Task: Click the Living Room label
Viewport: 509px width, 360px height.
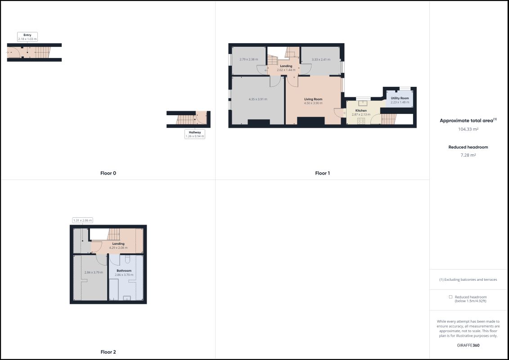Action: click(313, 99)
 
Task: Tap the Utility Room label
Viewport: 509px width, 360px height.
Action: click(400, 98)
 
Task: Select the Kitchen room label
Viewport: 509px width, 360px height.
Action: click(361, 110)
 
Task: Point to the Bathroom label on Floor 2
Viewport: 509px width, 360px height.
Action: click(124, 270)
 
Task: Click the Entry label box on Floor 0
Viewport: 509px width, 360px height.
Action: click(27, 37)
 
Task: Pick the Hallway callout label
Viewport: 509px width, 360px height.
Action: click(195, 134)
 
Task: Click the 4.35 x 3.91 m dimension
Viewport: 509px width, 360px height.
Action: click(258, 99)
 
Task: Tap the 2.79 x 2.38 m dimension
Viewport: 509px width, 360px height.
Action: click(249, 59)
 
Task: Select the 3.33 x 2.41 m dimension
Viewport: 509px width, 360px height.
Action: click(321, 59)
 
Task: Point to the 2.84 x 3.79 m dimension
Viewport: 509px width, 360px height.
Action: click(94, 272)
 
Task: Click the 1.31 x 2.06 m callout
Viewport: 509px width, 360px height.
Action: click(82, 220)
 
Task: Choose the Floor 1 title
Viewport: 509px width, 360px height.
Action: click(322, 173)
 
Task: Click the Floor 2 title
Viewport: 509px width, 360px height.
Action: click(108, 352)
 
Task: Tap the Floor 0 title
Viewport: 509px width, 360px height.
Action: click(108, 173)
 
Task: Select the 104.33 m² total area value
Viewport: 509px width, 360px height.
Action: click(468, 129)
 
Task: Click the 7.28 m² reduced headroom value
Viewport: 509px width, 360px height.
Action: click(468, 155)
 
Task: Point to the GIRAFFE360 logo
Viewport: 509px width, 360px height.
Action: click(468, 345)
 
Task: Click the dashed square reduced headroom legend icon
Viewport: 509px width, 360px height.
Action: click(450, 297)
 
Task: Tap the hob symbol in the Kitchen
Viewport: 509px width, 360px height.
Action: click(361, 121)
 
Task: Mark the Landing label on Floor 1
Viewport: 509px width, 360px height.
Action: click(286, 66)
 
